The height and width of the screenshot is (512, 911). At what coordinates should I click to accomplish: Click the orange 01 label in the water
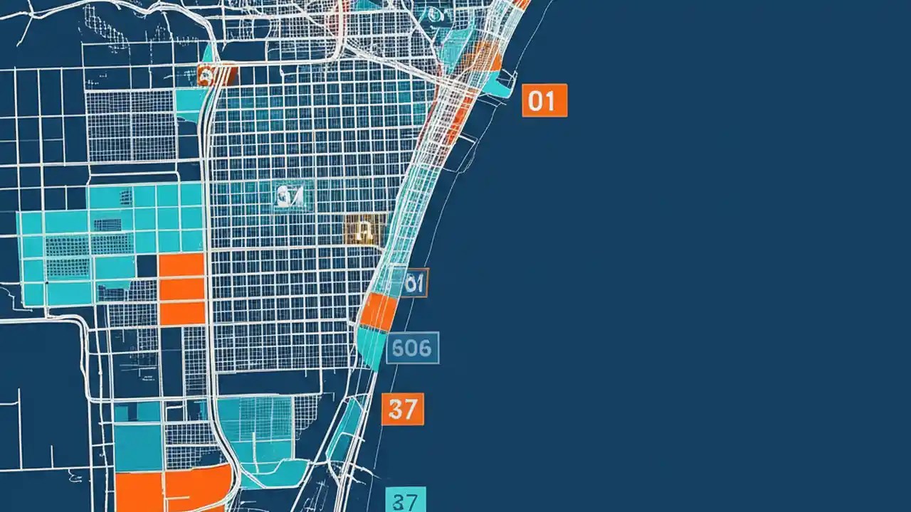click(544, 100)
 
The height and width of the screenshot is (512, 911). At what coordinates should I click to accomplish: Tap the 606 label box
click(413, 348)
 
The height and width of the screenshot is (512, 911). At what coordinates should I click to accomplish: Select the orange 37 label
click(403, 409)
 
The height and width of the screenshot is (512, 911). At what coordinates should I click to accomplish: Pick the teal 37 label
click(406, 500)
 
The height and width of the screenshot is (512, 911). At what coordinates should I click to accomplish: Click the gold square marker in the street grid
click(363, 230)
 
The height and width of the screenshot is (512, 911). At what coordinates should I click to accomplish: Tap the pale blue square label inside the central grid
click(292, 197)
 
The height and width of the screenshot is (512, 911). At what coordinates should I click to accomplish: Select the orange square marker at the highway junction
click(216, 75)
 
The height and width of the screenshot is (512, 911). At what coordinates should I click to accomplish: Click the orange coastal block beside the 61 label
click(379, 312)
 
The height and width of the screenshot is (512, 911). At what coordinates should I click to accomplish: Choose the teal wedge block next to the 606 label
click(372, 347)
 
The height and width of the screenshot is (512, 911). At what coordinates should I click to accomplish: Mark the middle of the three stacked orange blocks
click(181, 289)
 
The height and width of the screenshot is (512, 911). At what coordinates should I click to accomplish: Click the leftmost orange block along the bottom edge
click(139, 492)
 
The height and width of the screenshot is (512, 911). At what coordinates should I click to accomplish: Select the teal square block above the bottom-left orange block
click(137, 447)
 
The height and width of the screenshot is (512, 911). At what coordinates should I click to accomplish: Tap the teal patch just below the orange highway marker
click(191, 103)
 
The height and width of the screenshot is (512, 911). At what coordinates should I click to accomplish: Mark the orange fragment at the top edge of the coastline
click(522, 4)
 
